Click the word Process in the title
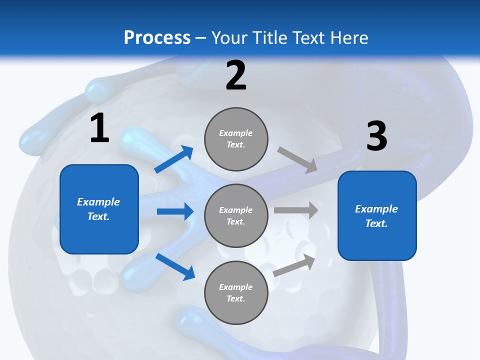(x=157, y=38)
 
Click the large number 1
(x=99, y=128)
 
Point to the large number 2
(x=236, y=75)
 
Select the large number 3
(x=376, y=136)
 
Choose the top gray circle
(x=236, y=139)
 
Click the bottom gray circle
(x=236, y=293)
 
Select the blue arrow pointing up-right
(x=174, y=159)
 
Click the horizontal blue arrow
(x=175, y=211)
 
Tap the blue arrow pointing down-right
(x=175, y=266)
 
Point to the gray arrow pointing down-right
(x=297, y=159)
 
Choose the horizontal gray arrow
(x=295, y=210)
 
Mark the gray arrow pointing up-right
(x=294, y=265)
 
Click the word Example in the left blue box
(x=98, y=202)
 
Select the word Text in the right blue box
(x=376, y=223)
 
